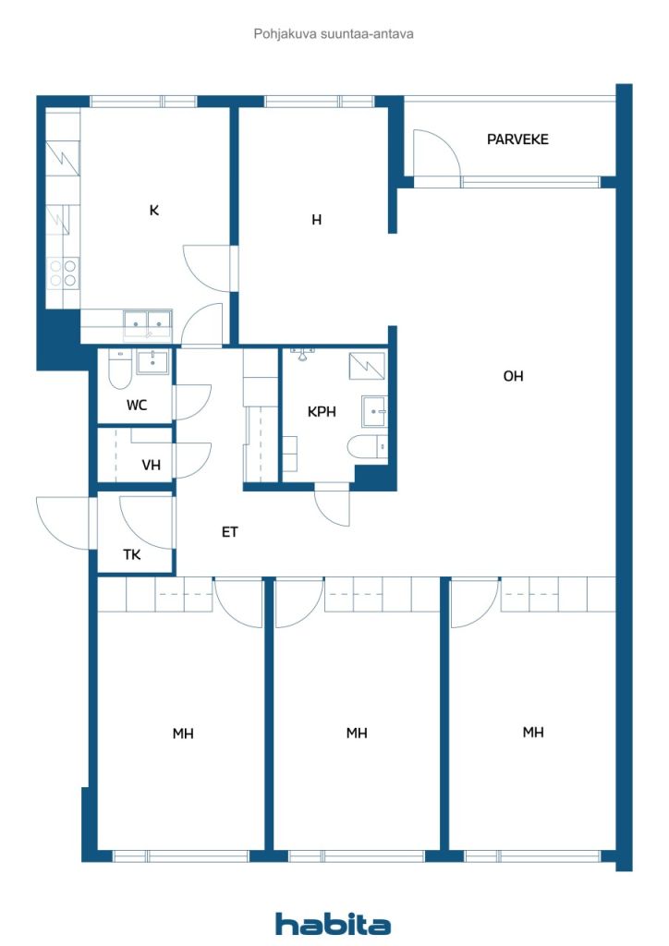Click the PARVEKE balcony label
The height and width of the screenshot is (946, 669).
pos(517,139)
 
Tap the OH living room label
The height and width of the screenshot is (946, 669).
pos(514,376)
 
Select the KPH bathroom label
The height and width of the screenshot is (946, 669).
pos(322,411)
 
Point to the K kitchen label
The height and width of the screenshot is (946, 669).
pos(153,210)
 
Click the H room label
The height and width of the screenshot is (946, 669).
pos(317,220)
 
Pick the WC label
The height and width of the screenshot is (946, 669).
pos(137,405)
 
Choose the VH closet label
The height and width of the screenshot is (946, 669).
pos(151,465)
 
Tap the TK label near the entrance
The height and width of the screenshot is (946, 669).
pos(132,554)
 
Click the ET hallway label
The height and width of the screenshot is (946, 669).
pos(230,531)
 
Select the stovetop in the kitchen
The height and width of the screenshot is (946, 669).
pos(64,273)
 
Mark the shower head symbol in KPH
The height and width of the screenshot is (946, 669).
pos(302,354)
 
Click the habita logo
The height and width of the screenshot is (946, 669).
pos(333,924)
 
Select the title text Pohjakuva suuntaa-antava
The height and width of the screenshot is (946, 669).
pos(334,34)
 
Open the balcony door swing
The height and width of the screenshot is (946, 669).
pos(437,153)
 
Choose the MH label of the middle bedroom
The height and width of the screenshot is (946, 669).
pos(357,733)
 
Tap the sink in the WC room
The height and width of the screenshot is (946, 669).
pos(152,362)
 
